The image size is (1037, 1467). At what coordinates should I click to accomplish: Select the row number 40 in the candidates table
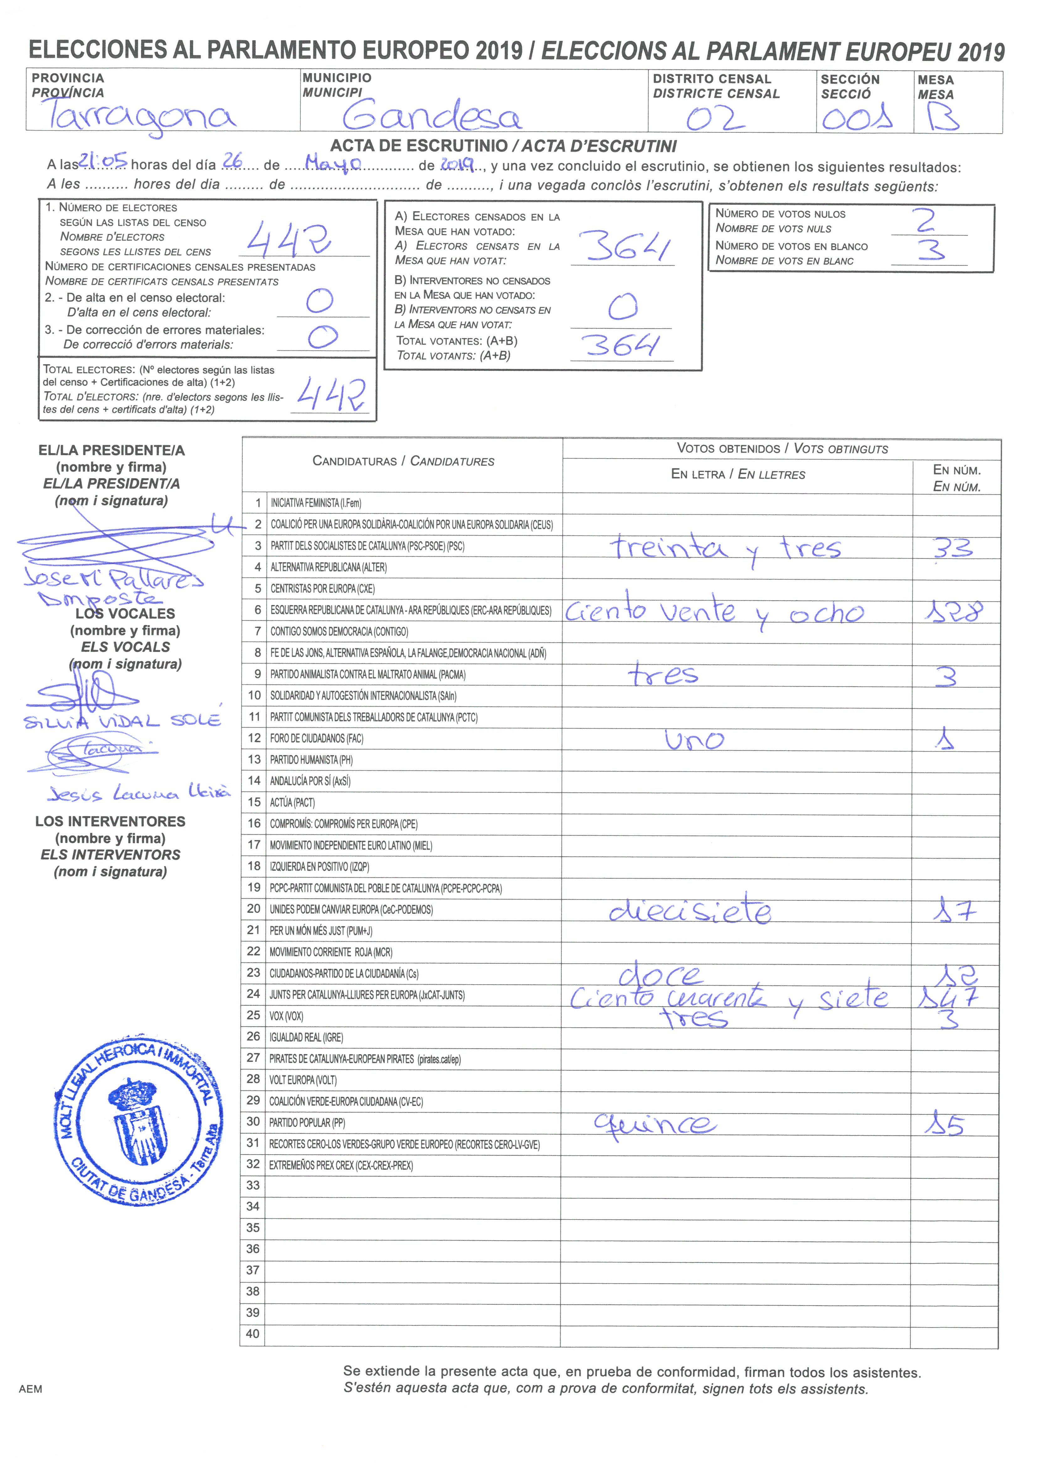coord(253,1333)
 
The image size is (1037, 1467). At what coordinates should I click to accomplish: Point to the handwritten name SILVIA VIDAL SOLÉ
coord(121,721)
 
